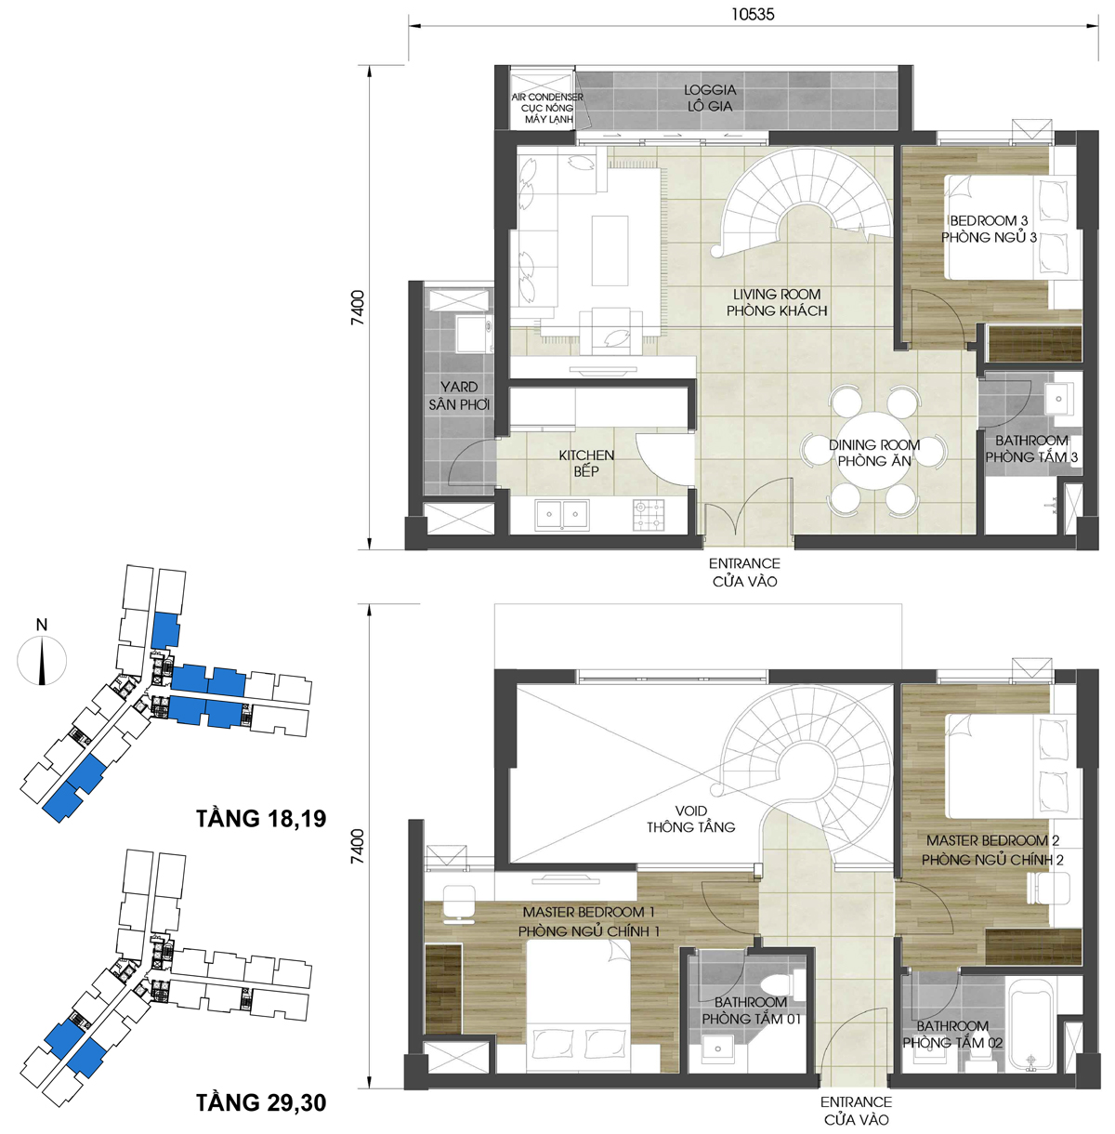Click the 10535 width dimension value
753,14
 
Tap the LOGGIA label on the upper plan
710,90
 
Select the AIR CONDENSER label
547,97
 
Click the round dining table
873,451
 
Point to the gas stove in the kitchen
649,515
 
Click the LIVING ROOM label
777,295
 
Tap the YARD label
459,387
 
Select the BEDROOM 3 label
989,220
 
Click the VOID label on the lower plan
690,811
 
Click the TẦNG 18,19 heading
261,818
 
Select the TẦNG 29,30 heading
261,1102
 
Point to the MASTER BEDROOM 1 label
588,912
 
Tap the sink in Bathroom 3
1058,399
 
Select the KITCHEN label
586,455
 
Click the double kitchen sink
562,515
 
